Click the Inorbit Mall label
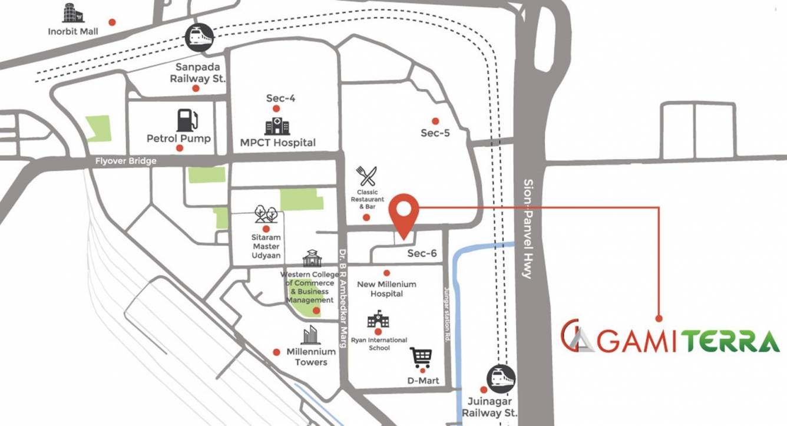[x=73, y=31]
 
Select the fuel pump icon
[x=187, y=120]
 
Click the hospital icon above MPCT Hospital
[x=277, y=125]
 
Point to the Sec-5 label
[x=435, y=133]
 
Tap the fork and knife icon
[x=366, y=176]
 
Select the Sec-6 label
[x=422, y=253]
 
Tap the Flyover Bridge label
[x=126, y=161]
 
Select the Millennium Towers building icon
[x=310, y=335]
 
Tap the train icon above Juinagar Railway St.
[x=501, y=379]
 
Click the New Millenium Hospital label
[x=386, y=289]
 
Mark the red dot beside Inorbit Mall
[x=112, y=22]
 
